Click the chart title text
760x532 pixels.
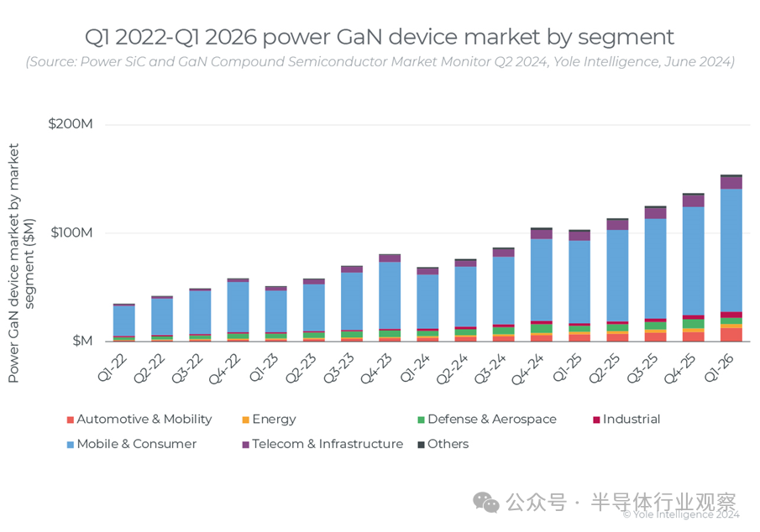pyautogui.click(x=380, y=37)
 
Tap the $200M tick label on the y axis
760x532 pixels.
pyautogui.click(x=71, y=124)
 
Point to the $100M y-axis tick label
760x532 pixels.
pyautogui.click(x=71, y=232)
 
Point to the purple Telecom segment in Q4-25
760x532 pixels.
pyautogui.click(x=693, y=201)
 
